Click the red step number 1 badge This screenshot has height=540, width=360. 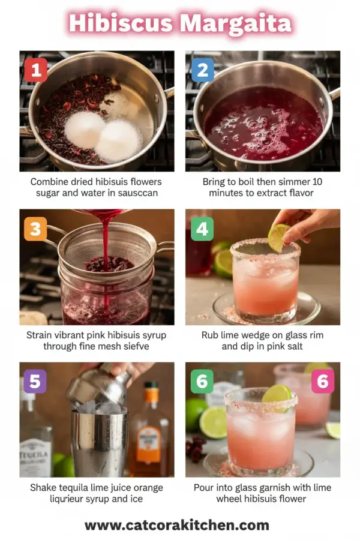click(x=35, y=70)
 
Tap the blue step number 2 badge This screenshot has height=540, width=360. click(x=202, y=70)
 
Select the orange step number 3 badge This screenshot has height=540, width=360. click(x=35, y=229)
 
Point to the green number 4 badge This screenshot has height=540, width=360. click(x=202, y=229)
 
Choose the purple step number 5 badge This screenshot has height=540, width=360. click(x=35, y=381)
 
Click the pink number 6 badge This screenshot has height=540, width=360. click(x=322, y=381)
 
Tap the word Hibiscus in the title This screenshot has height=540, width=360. click(x=121, y=24)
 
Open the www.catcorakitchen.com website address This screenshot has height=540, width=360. click(x=176, y=525)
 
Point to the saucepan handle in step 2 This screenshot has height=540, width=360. click(x=334, y=94)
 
